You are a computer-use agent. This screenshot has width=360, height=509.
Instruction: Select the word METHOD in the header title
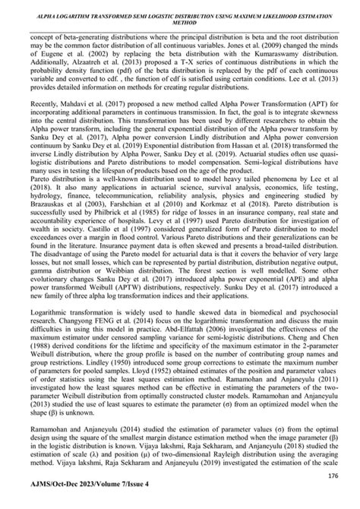(180, 23)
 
